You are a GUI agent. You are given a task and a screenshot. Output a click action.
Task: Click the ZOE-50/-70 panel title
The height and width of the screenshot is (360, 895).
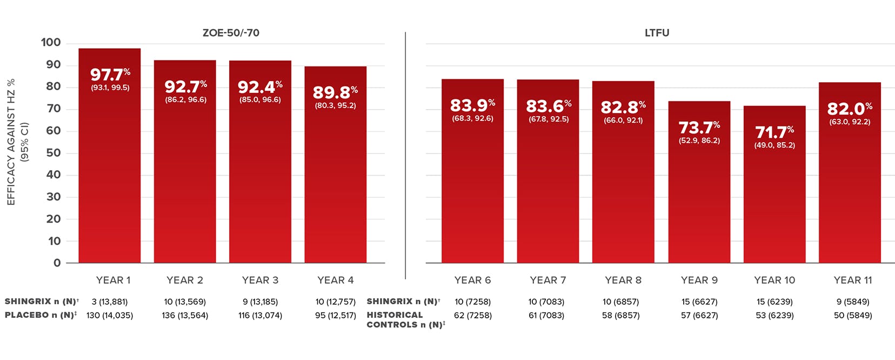(x=231, y=33)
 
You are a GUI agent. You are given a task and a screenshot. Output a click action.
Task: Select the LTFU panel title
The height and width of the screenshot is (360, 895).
(x=657, y=33)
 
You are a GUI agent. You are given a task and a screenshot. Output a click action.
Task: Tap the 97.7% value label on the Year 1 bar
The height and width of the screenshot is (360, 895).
(x=110, y=75)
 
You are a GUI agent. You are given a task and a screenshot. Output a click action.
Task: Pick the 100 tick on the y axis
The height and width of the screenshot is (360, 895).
(x=51, y=43)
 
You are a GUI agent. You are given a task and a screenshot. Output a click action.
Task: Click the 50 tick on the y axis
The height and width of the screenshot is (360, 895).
(x=53, y=153)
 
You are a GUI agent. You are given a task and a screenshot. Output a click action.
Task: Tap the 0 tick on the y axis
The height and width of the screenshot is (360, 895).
(x=57, y=263)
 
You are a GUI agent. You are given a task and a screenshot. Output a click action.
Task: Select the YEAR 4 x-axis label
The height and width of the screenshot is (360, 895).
(x=335, y=280)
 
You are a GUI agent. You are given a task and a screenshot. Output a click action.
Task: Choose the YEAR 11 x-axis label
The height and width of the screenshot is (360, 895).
(x=853, y=280)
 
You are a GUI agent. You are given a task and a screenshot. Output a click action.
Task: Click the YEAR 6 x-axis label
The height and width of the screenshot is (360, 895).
(x=472, y=280)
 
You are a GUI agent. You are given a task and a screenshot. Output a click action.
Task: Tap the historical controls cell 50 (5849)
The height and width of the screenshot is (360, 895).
(x=853, y=315)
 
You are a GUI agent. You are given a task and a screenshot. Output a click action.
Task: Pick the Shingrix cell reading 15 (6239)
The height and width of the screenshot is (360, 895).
(x=774, y=302)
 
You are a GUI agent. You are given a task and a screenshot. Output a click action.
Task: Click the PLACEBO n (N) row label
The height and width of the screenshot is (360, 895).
(x=41, y=315)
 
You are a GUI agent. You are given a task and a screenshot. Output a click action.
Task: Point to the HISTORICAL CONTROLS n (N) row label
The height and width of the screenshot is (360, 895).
(x=405, y=319)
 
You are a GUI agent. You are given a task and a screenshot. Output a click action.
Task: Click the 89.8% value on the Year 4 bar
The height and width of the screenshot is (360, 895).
(x=335, y=92)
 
